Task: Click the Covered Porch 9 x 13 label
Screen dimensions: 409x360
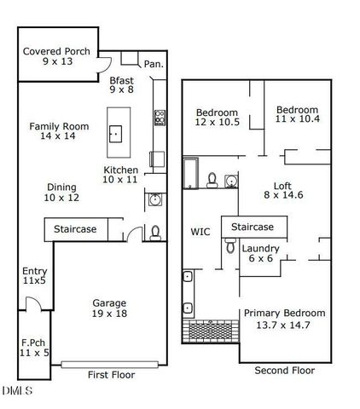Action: click(56, 57)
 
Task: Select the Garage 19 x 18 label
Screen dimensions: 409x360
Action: click(109, 308)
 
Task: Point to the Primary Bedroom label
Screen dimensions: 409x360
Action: click(284, 318)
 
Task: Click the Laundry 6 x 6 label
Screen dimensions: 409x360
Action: click(260, 253)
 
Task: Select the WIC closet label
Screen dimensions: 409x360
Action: click(200, 231)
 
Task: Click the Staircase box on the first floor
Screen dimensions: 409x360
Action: click(76, 229)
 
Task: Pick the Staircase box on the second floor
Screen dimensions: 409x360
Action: click(253, 227)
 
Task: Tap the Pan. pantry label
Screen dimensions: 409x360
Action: click(154, 64)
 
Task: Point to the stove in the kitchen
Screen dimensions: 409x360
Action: click(159, 116)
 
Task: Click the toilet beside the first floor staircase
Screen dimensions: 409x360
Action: click(154, 231)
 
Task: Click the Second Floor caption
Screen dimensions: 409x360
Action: click(285, 371)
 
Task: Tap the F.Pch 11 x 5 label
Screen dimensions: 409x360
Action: click(35, 348)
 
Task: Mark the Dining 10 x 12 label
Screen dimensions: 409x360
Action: click(61, 193)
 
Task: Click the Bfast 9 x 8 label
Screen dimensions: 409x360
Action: click(122, 85)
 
